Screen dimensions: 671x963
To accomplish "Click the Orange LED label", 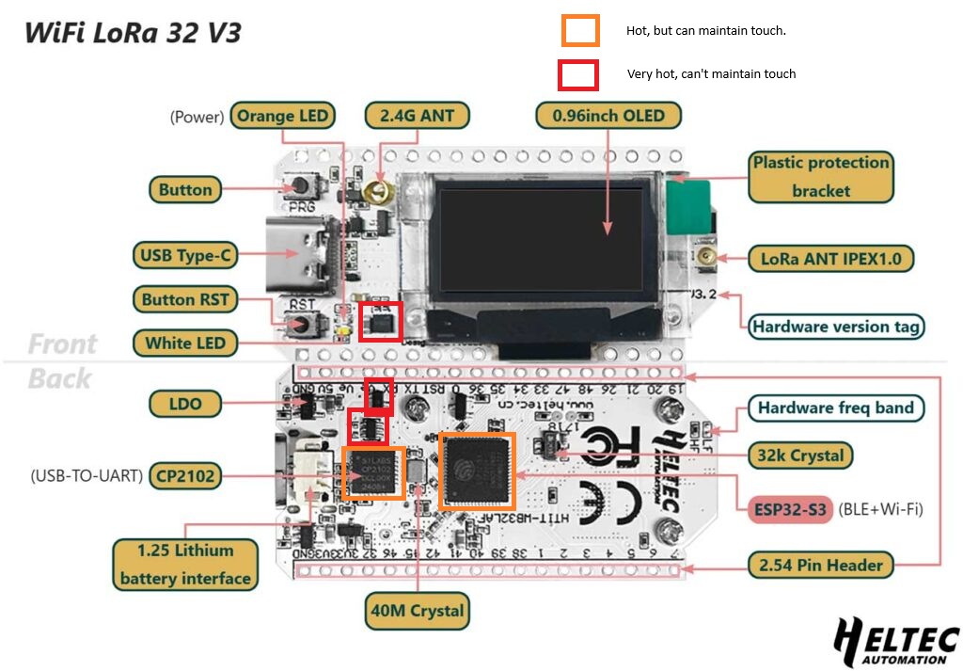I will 283,116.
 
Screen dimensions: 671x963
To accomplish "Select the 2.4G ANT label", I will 417,116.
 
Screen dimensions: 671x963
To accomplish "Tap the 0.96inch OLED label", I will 608,116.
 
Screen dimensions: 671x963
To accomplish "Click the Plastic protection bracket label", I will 820,176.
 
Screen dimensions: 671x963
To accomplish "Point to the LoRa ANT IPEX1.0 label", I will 830,257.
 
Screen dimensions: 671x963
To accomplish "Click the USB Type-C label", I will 184,254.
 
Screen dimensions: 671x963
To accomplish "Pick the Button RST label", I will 185,300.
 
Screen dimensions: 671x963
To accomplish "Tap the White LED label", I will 185,343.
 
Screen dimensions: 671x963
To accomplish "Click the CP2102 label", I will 185,476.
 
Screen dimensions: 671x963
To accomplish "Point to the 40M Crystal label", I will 417,610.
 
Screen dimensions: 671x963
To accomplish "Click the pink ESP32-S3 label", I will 791,510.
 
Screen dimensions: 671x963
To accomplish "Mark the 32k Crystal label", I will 800,455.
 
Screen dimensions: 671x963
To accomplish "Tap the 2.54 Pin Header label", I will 821,565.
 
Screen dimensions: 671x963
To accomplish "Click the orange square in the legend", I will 580,30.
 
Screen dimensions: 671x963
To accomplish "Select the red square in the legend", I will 578,74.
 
